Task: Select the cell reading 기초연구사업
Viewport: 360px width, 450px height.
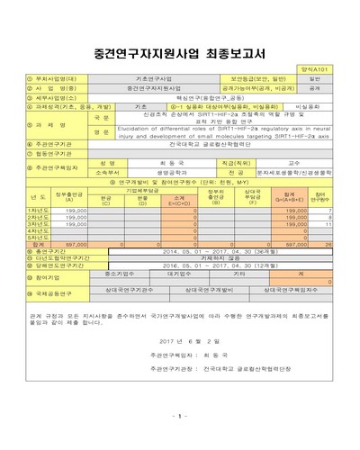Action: point(144,80)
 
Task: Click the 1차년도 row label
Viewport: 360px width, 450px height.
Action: point(39,209)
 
